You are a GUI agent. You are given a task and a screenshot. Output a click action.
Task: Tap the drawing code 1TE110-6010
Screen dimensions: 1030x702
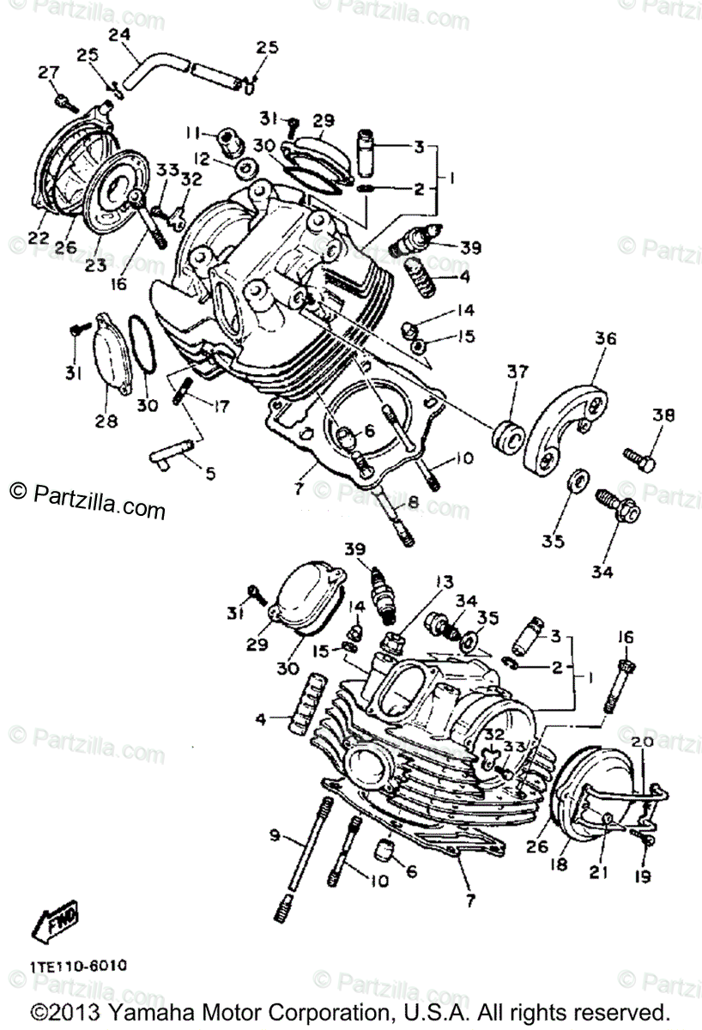point(79,965)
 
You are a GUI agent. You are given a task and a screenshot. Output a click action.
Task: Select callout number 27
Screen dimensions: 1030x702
point(45,72)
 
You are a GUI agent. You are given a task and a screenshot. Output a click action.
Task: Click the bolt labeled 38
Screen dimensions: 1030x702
point(638,457)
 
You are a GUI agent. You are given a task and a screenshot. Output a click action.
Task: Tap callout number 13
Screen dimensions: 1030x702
point(443,583)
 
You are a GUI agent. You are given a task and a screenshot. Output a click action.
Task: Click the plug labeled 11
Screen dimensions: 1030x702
point(228,137)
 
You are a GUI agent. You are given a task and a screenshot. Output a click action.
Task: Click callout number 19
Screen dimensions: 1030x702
point(643,876)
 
